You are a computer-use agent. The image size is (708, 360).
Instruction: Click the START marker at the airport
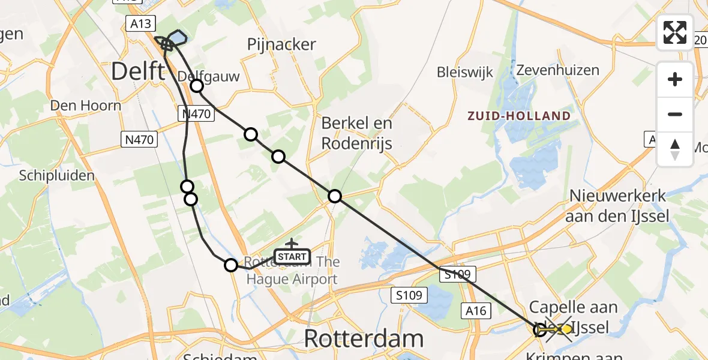click(x=292, y=257)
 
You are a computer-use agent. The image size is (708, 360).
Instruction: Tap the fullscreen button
click(x=675, y=32)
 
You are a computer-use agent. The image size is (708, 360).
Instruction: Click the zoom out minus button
click(x=675, y=114)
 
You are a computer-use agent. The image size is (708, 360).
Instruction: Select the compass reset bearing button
click(x=675, y=149)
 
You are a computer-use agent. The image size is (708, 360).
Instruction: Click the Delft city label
click(x=137, y=72)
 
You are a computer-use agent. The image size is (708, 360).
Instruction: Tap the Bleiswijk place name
click(x=465, y=73)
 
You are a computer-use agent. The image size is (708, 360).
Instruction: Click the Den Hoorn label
click(x=86, y=106)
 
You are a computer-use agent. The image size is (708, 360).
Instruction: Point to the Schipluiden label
click(x=57, y=176)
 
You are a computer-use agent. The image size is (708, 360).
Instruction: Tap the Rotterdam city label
click(x=364, y=339)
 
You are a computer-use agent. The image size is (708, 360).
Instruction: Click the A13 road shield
click(x=141, y=23)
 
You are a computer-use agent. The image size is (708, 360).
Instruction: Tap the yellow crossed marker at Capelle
click(x=559, y=329)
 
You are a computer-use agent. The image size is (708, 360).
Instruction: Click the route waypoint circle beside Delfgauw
click(x=197, y=86)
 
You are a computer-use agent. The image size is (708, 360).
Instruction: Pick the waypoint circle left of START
click(x=231, y=265)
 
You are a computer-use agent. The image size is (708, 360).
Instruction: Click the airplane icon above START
click(x=292, y=244)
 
